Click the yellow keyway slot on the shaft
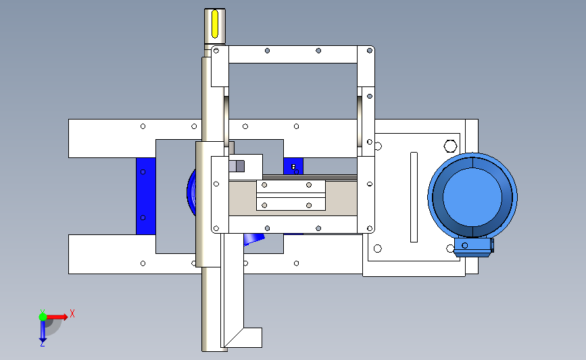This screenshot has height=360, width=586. (215, 24)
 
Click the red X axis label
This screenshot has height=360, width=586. (72, 313)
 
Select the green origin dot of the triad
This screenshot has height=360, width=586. (43, 317)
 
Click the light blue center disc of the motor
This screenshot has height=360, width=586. (472, 197)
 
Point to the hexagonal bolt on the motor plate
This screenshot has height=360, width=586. (450, 146)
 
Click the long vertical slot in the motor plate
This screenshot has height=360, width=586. (414, 197)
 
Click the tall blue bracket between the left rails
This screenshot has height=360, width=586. (146, 196)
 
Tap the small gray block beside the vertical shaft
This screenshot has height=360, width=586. (237, 165)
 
